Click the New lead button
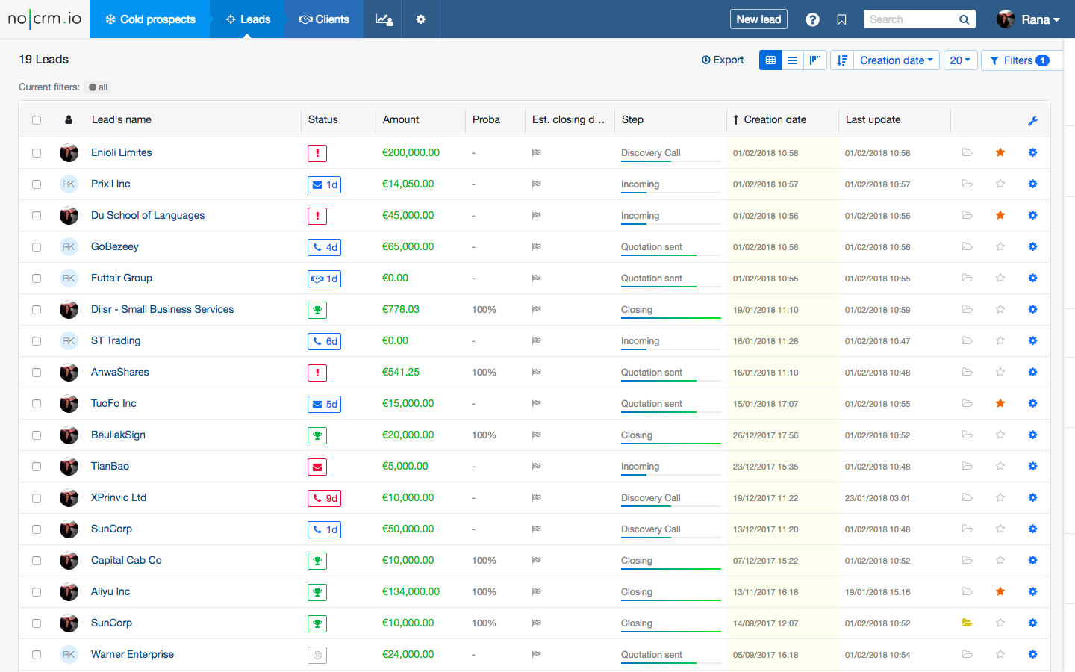coord(758,19)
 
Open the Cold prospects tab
coord(150,19)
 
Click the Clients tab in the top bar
coord(324,19)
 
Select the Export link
coord(723,60)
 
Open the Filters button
coord(1019,60)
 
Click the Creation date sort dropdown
coord(896,60)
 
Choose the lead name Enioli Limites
coord(122,152)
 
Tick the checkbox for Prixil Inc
coord(37,184)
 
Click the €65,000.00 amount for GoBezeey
coord(408,246)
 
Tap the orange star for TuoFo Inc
coord(1000,403)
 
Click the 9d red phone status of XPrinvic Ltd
coord(325,498)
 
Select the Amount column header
coord(401,119)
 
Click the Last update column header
coord(873,119)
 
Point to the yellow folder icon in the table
coord(967,623)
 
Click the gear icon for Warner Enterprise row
coord(1032,654)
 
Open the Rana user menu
coord(1029,19)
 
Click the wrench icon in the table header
coord(1032,121)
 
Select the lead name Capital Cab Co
coord(126,560)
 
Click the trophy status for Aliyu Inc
coord(317,592)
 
